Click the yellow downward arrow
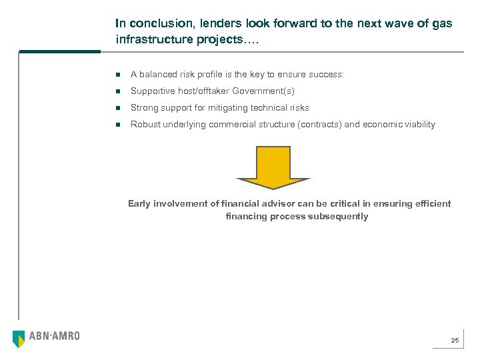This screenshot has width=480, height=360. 273,167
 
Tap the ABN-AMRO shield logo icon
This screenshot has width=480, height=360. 19,339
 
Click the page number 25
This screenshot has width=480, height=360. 455,341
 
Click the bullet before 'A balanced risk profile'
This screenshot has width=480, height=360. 117,75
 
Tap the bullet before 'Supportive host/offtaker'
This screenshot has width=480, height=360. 117,91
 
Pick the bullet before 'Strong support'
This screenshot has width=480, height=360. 117,108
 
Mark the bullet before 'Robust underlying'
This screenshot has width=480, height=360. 117,125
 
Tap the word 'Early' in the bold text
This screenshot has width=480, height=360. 139,203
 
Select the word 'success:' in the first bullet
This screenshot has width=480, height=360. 327,74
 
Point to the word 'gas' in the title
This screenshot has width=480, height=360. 443,23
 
